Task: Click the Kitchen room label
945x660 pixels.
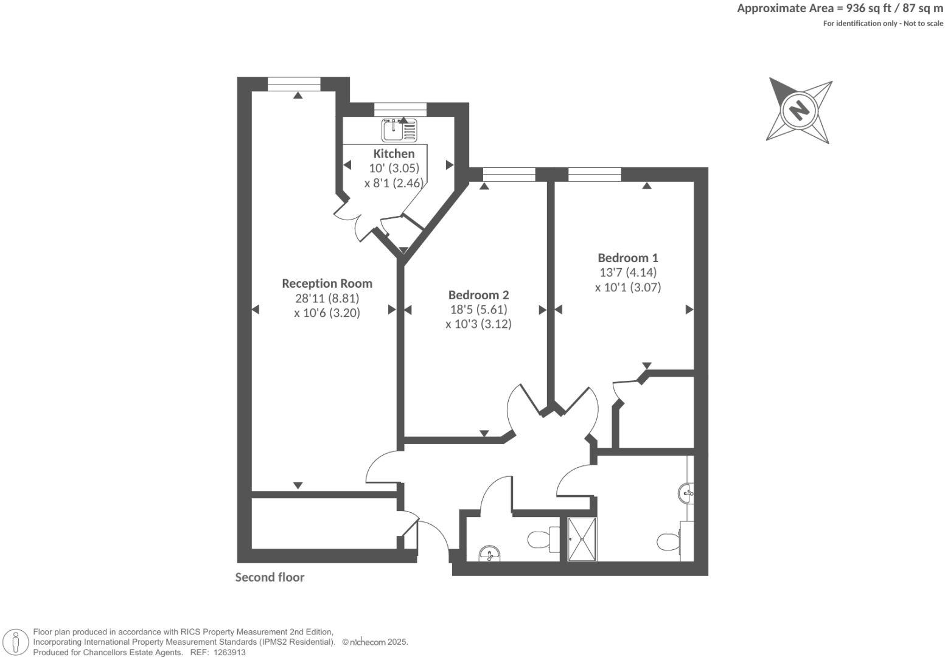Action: point(394,154)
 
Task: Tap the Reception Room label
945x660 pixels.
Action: point(327,283)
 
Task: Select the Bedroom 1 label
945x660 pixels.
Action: point(627,258)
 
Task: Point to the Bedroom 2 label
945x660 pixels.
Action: point(478,295)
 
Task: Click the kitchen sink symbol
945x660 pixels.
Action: point(399,130)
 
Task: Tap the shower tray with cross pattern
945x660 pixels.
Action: point(582,539)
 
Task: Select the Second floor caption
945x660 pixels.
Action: point(270,577)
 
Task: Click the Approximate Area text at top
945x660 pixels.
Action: point(840,9)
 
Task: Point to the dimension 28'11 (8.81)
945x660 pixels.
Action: point(327,299)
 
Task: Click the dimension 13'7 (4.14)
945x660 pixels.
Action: point(628,273)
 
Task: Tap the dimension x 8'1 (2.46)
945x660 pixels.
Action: point(393,183)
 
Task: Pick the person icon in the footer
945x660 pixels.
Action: point(16,642)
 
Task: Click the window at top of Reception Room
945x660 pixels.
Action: point(294,85)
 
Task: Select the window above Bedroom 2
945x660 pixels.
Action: point(509,175)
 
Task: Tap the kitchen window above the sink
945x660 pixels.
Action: point(400,109)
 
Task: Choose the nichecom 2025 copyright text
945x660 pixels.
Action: point(375,642)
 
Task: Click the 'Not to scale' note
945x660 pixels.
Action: point(922,24)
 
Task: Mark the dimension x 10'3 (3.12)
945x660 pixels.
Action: point(478,324)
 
